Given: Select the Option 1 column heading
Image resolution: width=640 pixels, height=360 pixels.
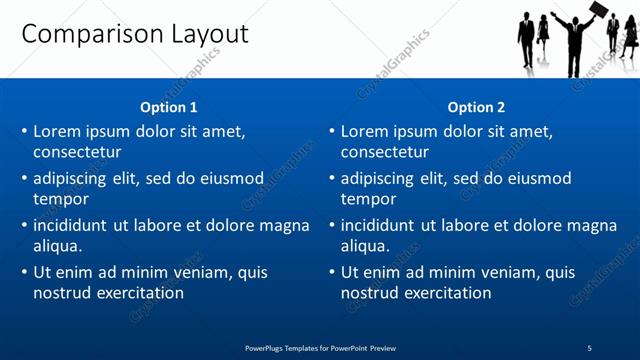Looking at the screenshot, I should pyautogui.click(x=170, y=107).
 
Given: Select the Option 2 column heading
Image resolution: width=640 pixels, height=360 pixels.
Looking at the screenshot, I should pyautogui.click(x=477, y=107).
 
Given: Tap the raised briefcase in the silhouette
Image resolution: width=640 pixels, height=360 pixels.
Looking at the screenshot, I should pyautogui.click(x=598, y=11).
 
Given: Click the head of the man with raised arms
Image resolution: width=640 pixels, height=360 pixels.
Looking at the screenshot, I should pyautogui.click(x=574, y=19).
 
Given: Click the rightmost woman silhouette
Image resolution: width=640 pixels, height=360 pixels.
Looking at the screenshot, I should pyautogui.click(x=629, y=37).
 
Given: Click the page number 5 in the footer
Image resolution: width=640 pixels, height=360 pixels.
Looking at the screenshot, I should pyautogui.click(x=589, y=348).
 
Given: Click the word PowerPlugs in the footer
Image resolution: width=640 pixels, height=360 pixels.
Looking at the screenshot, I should pyautogui.click(x=268, y=348).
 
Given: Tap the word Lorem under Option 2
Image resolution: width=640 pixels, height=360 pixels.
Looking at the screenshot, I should pyautogui.click(x=365, y=131).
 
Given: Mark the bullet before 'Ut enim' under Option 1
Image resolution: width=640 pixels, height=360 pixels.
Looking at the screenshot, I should pyautogui.click(x=25, y=272).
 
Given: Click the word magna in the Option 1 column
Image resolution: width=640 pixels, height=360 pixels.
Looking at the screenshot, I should pyautogui.click(x=285, y=225).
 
